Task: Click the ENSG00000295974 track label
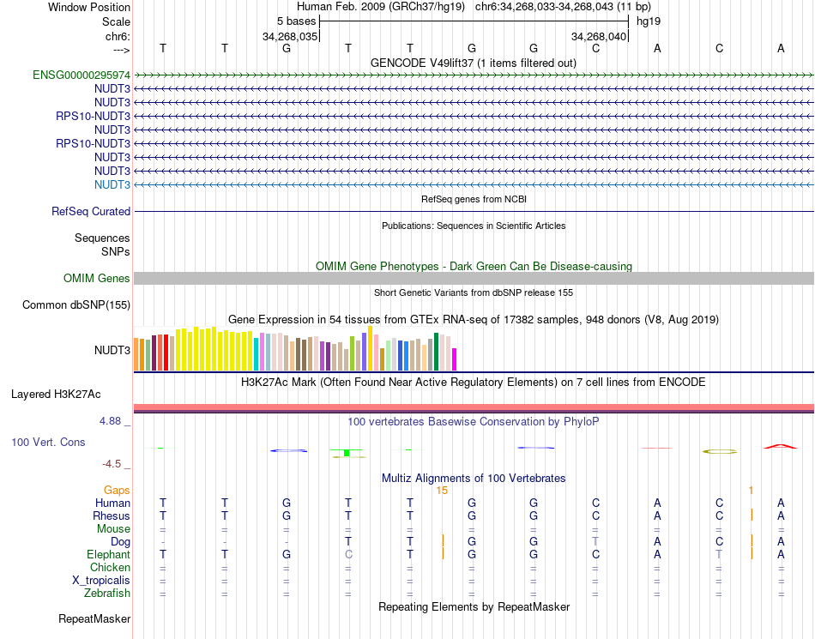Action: tap(81, 75)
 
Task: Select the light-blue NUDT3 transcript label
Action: tap(112, 184)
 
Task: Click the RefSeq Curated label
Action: tap(91, 211)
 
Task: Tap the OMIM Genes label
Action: tap(97, 278)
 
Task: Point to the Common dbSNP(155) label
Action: tap(76, 304)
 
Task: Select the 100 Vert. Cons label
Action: tap(48, 442)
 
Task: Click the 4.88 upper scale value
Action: tap(112, 421)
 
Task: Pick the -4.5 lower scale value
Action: tap(112, 464)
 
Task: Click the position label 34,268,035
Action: tap(290, 36)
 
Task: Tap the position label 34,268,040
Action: tap(600, 36)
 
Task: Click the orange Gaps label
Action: tap(117, 490)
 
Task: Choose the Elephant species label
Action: tap(107, 554)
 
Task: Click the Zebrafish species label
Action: tap(107, 593)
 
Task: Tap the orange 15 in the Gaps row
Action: tap(442, 490)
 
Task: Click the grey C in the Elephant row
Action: tap(348, 554)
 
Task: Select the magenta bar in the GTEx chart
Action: tap(454, 359)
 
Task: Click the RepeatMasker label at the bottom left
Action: tap(94, 618)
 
